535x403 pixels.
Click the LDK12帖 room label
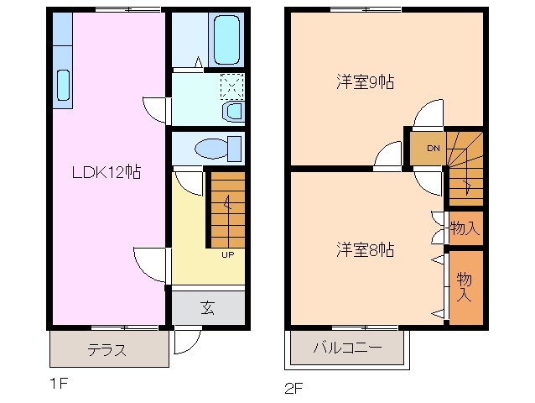click(105, 172)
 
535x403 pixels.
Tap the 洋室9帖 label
click(365, 82)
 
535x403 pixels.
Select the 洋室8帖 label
click(365, 249)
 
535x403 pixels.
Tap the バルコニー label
click(348, 347)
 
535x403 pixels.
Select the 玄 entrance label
click(207, 307)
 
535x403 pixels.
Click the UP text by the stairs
click(227, 255)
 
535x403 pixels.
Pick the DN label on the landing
click(433, 149)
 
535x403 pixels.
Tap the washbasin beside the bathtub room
click(234, 111)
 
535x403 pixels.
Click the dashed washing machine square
click(231, 85)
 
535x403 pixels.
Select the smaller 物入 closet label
click(464, 228)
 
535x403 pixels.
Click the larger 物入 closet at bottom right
click(465, 287)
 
